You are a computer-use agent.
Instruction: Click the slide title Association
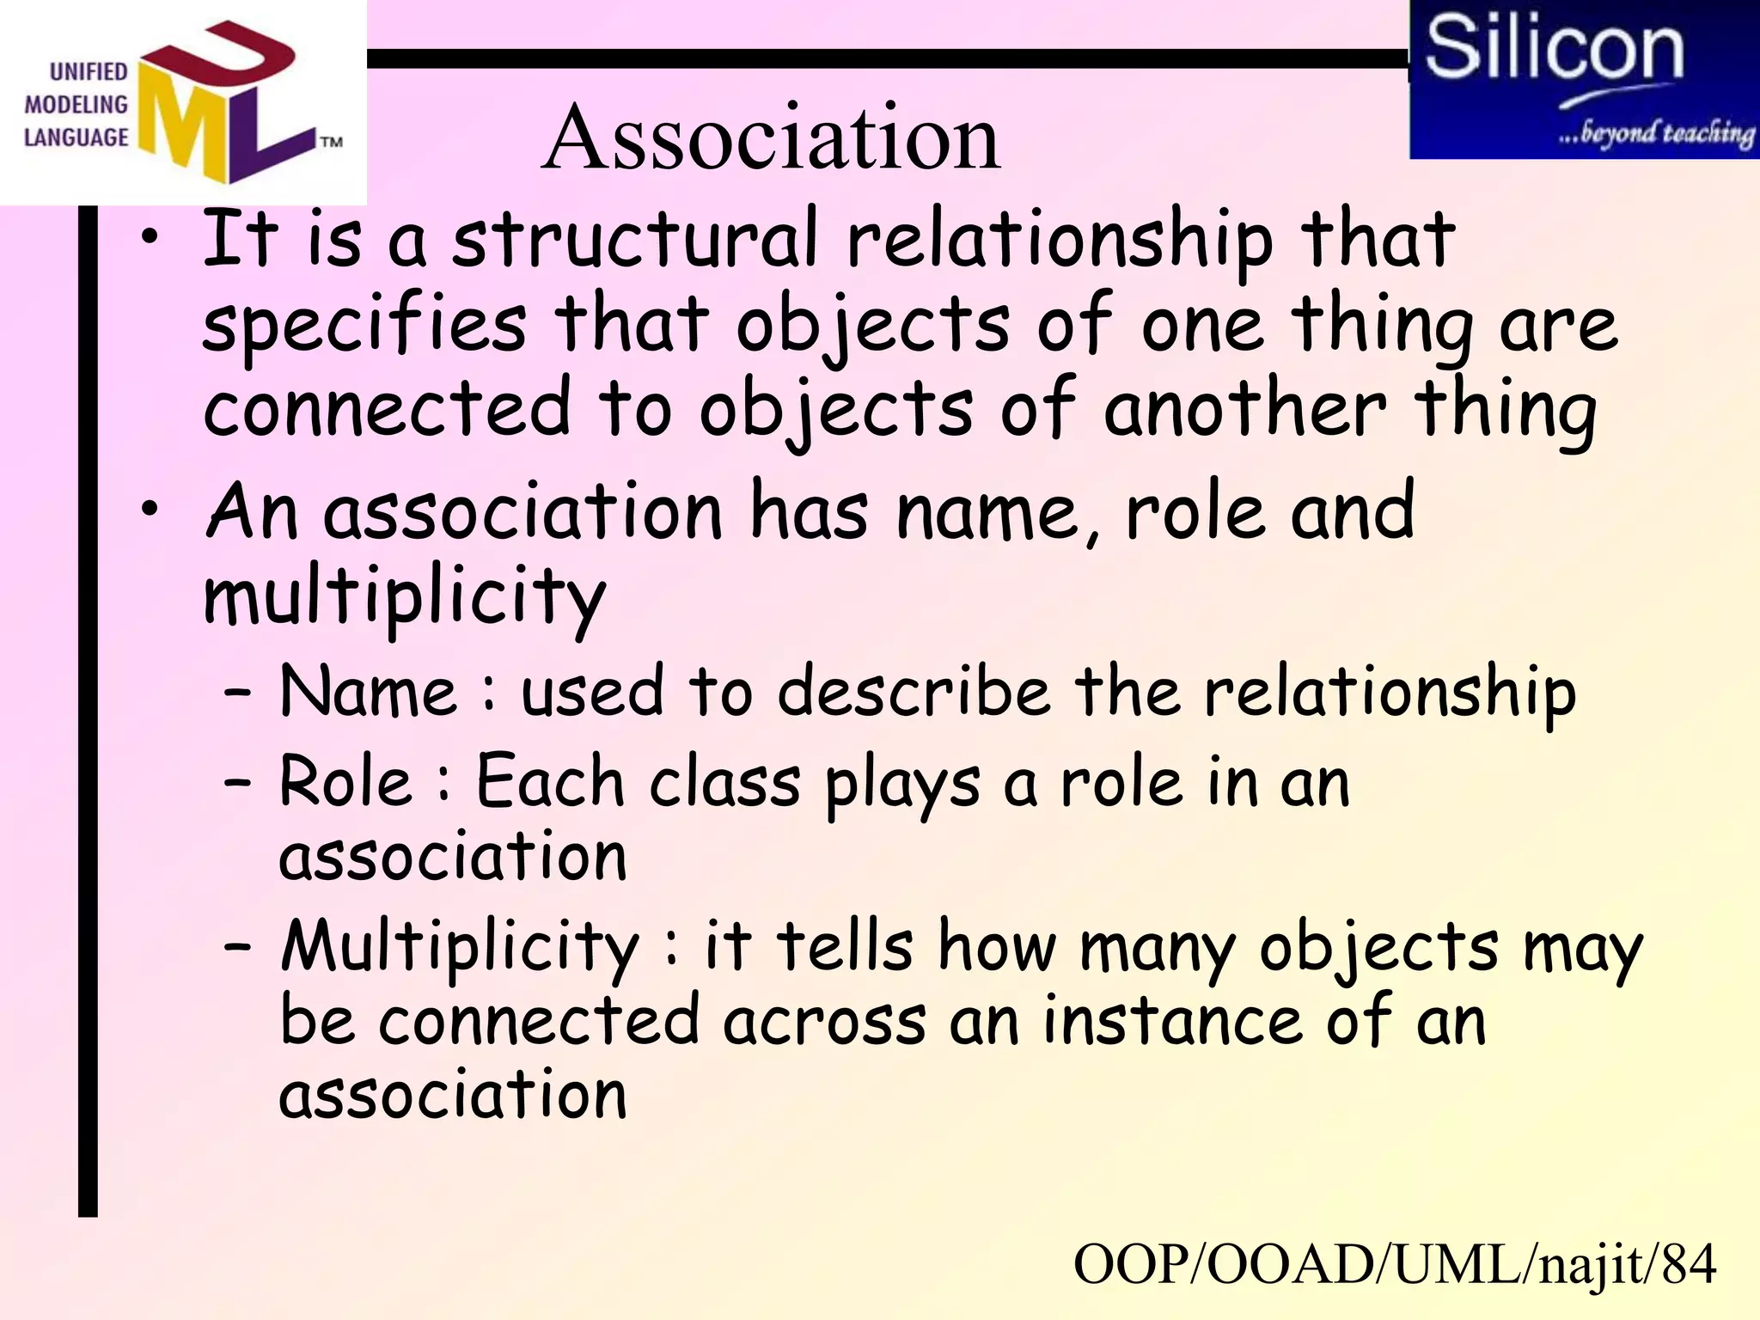(771, 137)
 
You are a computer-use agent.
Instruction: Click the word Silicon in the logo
(1554, 49)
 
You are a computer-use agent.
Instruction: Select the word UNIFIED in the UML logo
(89, 71)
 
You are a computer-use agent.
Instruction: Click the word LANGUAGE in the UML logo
(76, 137)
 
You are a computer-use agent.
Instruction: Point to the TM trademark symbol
(332, 142)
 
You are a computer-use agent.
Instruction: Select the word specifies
(364, 327)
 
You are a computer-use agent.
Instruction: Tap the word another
(1244, 408)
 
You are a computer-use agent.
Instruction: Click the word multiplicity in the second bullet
(405, 597)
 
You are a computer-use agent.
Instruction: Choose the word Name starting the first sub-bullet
(369, 692)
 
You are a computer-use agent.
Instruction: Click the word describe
(914, 692)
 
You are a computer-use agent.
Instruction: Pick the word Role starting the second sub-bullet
(346, 781)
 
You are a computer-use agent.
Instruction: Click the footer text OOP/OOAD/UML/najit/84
(1394, 1264)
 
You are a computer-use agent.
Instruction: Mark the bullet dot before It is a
(150, 238)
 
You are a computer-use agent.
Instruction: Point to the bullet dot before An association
(150, 510)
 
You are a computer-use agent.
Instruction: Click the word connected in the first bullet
(387, 408)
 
